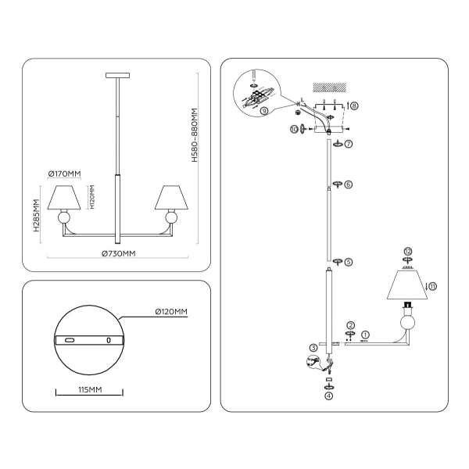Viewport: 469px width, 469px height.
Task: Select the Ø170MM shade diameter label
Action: click(x=64, y=174)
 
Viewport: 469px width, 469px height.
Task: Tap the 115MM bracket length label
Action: click(x=88, y=389)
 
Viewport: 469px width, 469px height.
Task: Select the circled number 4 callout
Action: click(x=329, y=396)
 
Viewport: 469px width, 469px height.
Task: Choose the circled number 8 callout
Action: click(x=354, y=105)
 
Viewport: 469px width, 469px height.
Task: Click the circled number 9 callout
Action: click(x=265, y=110)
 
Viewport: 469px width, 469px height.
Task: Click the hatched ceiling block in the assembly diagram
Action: click(x=328, y=88)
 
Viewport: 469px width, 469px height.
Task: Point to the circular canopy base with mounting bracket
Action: click(x=89, y=339)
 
